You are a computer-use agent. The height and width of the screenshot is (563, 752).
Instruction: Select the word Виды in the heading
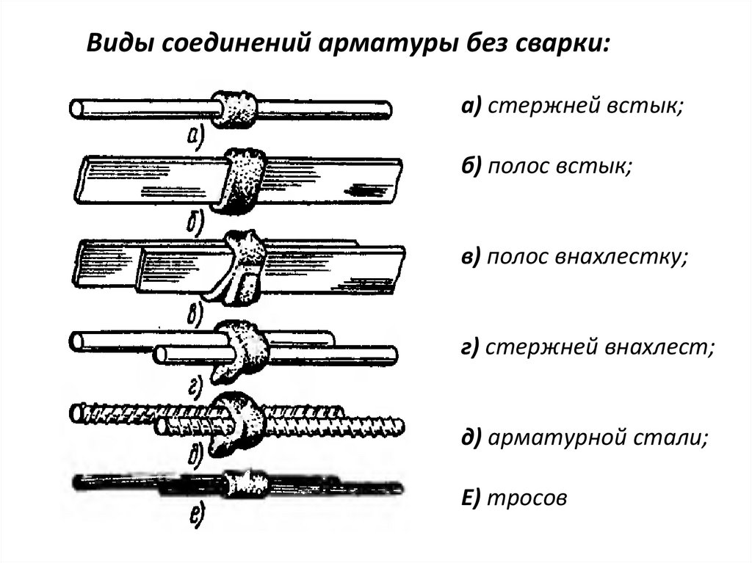(119, 43)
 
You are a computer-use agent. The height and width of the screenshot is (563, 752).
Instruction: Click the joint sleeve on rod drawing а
(234, 109)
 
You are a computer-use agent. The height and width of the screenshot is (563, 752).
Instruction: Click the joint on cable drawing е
(245, 484)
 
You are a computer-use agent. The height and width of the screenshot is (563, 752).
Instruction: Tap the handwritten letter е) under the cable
(198, 515)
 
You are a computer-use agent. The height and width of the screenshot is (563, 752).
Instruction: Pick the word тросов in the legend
(527, 498)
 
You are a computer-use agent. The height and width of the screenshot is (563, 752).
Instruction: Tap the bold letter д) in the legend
(471, 437)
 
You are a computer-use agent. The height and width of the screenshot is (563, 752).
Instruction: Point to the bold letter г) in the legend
(470, 347)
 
